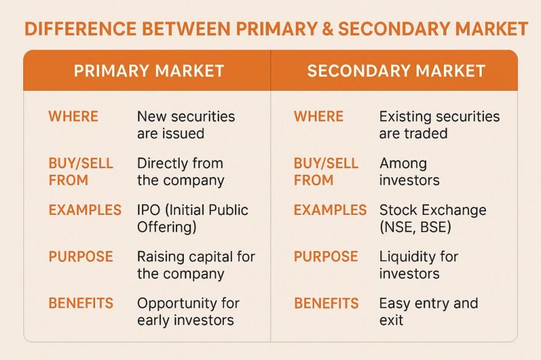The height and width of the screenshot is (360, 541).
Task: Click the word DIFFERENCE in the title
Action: click(x=80, y=29)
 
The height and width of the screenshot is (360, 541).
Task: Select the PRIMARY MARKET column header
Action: click(x=149, y=71)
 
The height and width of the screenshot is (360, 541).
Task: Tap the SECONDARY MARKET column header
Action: click(x=396, y=71)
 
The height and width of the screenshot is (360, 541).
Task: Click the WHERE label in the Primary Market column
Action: click(x=73, y=117)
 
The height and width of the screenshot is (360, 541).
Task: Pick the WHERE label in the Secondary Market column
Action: click(x=319, y=117)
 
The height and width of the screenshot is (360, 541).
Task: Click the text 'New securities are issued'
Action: click(x=186, y=125)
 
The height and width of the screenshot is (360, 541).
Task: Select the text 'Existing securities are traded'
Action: click(x=439, y=125)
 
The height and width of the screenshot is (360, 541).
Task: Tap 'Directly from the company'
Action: click(x=181, y=172)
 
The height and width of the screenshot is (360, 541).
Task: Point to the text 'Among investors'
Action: click(x=409, y=172)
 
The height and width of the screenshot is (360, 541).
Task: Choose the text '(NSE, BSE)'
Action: click(x=415, y=227)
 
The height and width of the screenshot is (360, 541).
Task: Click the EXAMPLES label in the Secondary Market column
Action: click(x=330, y=210)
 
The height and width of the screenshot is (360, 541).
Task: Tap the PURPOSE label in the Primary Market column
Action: click(x=81, y=257)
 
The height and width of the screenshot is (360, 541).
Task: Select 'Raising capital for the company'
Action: click(x=196, y=265)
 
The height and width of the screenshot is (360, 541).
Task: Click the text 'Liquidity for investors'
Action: click(x=418, y=265)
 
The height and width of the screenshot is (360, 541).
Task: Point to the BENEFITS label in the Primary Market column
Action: click(x=81, y=304)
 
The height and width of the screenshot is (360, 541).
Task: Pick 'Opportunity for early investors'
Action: click(x=188, y=312)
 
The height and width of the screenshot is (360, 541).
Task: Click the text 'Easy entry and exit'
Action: click(x=428, y=312)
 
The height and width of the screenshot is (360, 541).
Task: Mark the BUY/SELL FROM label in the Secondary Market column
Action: click(x=326, y=172)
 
